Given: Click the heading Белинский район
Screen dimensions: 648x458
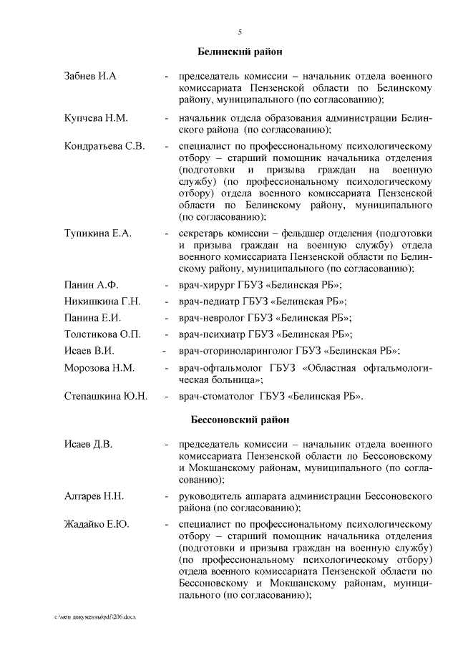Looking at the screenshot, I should [x=240, y=52].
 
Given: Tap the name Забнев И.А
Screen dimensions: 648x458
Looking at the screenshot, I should [x=90, y=76].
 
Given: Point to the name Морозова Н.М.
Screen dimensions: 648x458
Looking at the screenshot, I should [x=99, y=368].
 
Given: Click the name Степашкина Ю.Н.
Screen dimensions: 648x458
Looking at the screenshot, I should [x=106, y=396].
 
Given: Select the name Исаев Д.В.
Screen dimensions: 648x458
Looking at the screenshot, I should [x=88, y=445].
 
